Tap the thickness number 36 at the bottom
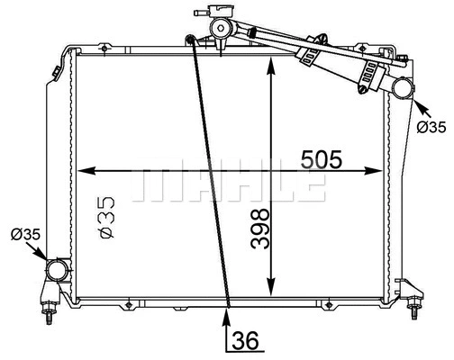(245, 341)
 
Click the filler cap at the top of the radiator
(217, 27)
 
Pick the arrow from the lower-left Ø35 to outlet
(44, 256)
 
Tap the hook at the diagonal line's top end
(189, 38)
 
